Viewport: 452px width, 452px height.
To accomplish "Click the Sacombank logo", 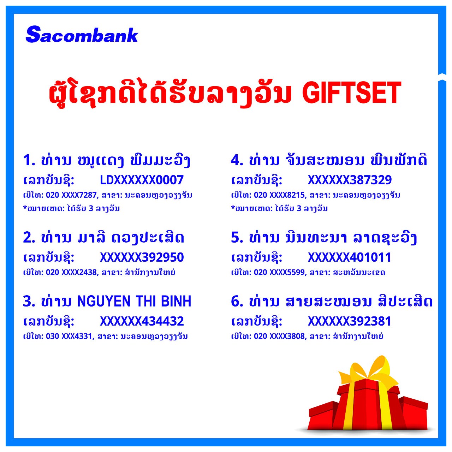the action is coord(82,35).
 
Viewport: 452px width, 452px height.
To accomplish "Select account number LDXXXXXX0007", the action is coord(142,180).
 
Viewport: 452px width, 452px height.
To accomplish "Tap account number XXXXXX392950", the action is coord(142,257).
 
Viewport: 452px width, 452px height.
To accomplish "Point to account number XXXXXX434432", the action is coord(142,321).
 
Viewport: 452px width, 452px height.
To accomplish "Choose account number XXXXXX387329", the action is coord(350,180).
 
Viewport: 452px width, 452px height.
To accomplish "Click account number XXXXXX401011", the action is coord(350,257).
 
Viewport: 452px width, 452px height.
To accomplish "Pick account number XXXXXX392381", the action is coord(350,321).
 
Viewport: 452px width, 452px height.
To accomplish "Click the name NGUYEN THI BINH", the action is coord(134,302).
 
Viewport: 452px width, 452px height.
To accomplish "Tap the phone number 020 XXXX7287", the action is coord(71,195).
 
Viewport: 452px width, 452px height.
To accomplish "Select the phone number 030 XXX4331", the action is coord(69,337).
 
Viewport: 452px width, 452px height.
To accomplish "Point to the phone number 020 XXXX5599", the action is coord(279,272).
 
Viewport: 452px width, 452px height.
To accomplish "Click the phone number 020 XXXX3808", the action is coord(279,336).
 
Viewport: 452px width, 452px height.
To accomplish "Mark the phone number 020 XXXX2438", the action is coord(71,272).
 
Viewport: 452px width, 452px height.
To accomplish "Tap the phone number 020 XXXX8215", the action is coord(279,195).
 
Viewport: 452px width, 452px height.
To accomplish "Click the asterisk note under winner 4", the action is coord(279,208).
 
